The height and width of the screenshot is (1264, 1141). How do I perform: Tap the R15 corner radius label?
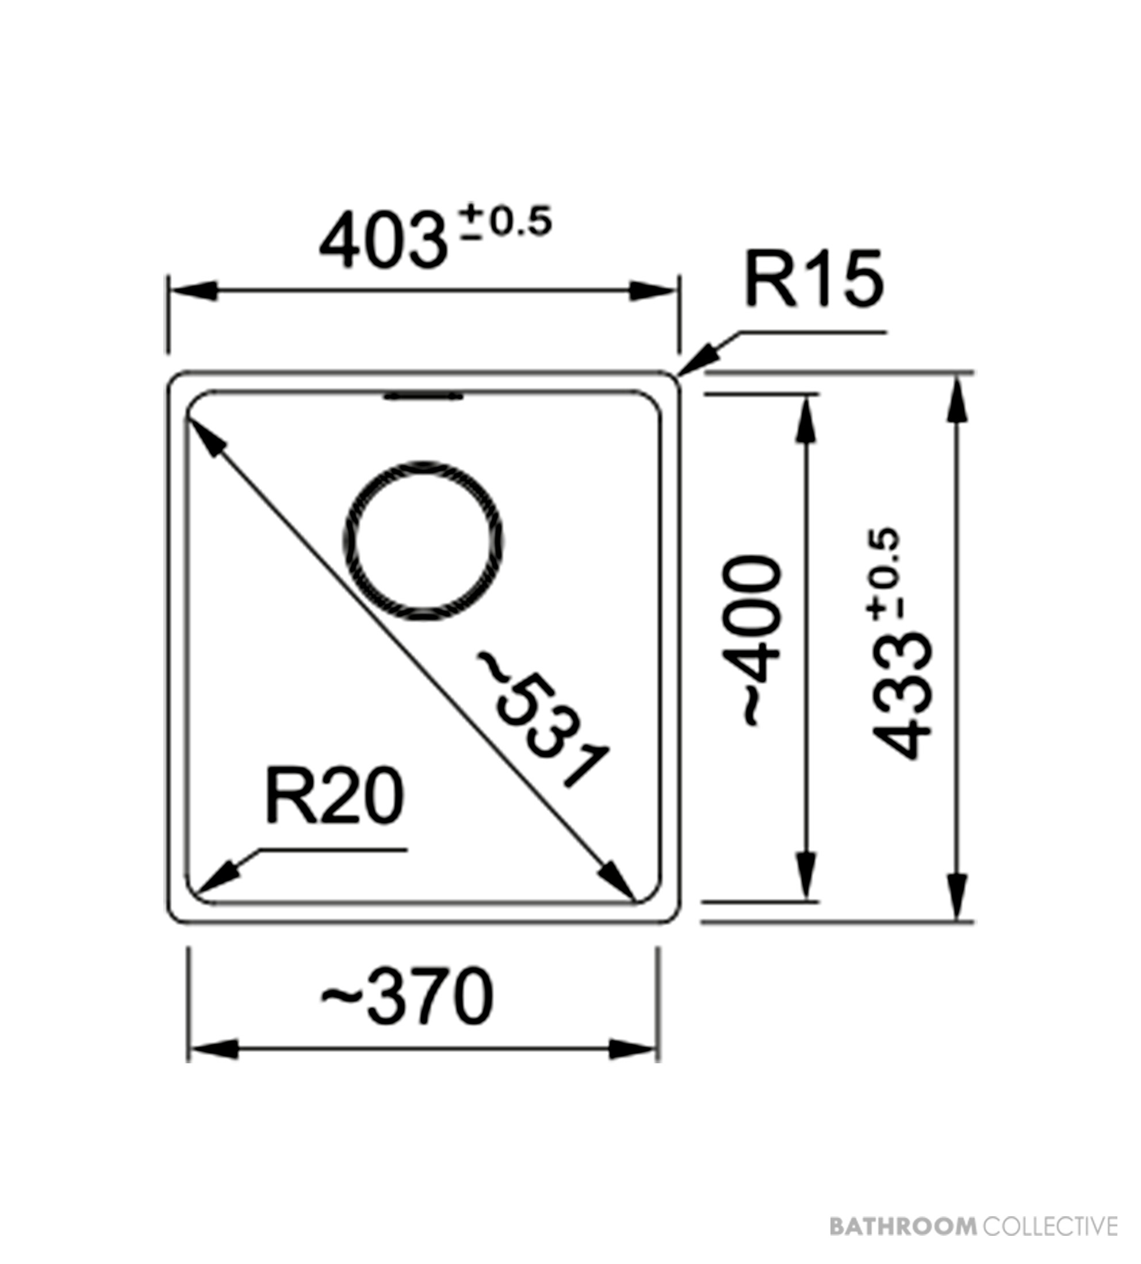pyautogui.click(x=814, y=279)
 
